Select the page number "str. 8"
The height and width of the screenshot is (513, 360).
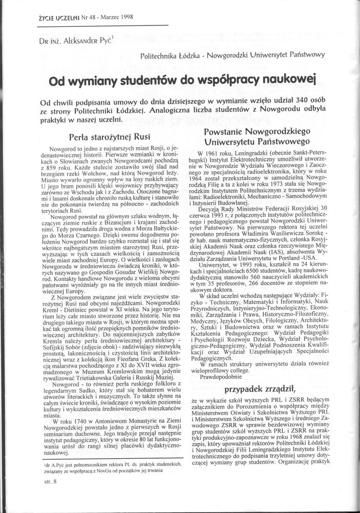click(x=51, y=482)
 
